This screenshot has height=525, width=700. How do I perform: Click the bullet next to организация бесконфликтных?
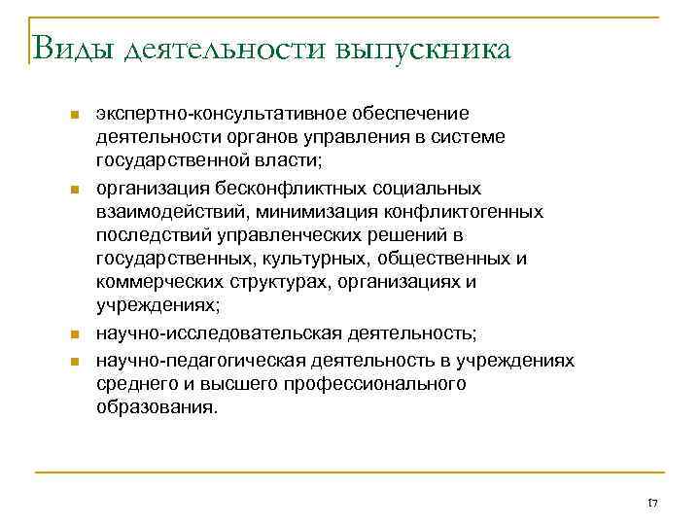click(73, 188)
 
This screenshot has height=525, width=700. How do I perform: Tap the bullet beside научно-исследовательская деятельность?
click(73, 335)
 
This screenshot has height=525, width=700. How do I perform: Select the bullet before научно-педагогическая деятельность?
click(73, 361)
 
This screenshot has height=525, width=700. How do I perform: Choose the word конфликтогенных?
click(474, 212)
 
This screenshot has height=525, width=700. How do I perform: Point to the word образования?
click(157, 408)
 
